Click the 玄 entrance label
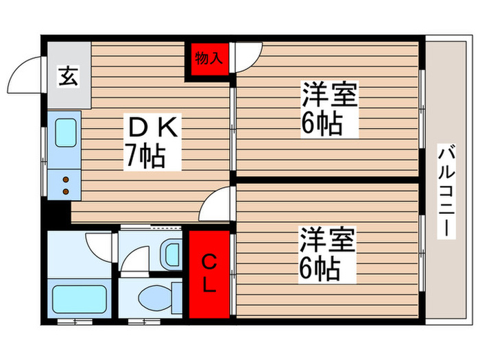(x=69, y=76)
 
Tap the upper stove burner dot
(x=67, y=180)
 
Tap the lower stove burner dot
(x=67, y=189)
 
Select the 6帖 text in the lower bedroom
(x=320, y=269)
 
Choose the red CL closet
(x=209, y=273)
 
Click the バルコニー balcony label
(x=446, y=191)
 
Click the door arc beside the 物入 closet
(x=249, y=56)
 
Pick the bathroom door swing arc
(x=99, y=245)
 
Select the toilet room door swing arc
(x=134, y=260)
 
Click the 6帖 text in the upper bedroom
(x=320, y=124)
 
